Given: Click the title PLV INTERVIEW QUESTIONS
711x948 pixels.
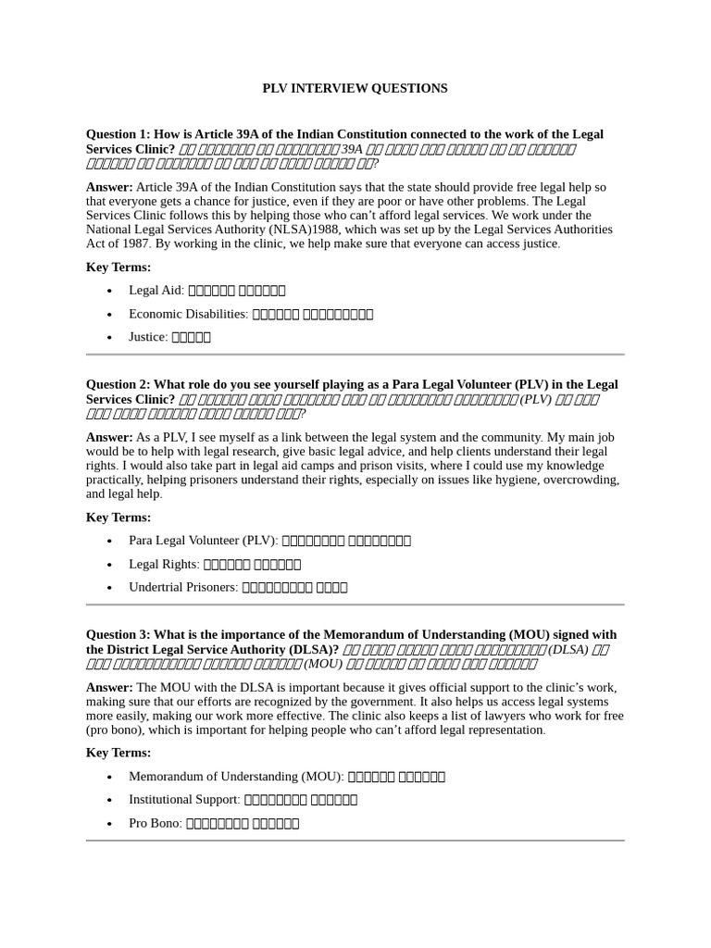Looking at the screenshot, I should (x=355, y=88).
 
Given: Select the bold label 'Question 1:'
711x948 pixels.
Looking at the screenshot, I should (x=118, y=134).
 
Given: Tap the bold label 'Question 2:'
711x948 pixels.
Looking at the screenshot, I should (x=118, y=384).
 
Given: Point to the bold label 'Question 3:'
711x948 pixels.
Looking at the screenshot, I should (x=118, y=634).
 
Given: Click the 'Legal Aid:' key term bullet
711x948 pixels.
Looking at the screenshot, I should (x=156, y=290).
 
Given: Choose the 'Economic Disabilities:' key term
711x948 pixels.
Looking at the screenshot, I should (x=188, y=314).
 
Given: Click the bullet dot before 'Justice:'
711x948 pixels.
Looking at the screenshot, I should (x=110, y=338).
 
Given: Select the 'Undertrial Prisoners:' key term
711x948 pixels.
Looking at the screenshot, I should (x=182, y=587).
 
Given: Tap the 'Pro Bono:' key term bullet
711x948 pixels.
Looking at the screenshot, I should (x=155, y=822).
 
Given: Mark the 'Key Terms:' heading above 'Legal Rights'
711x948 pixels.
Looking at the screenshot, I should (x=118, y=518).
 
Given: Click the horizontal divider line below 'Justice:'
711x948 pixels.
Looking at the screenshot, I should (x=355, y=355).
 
